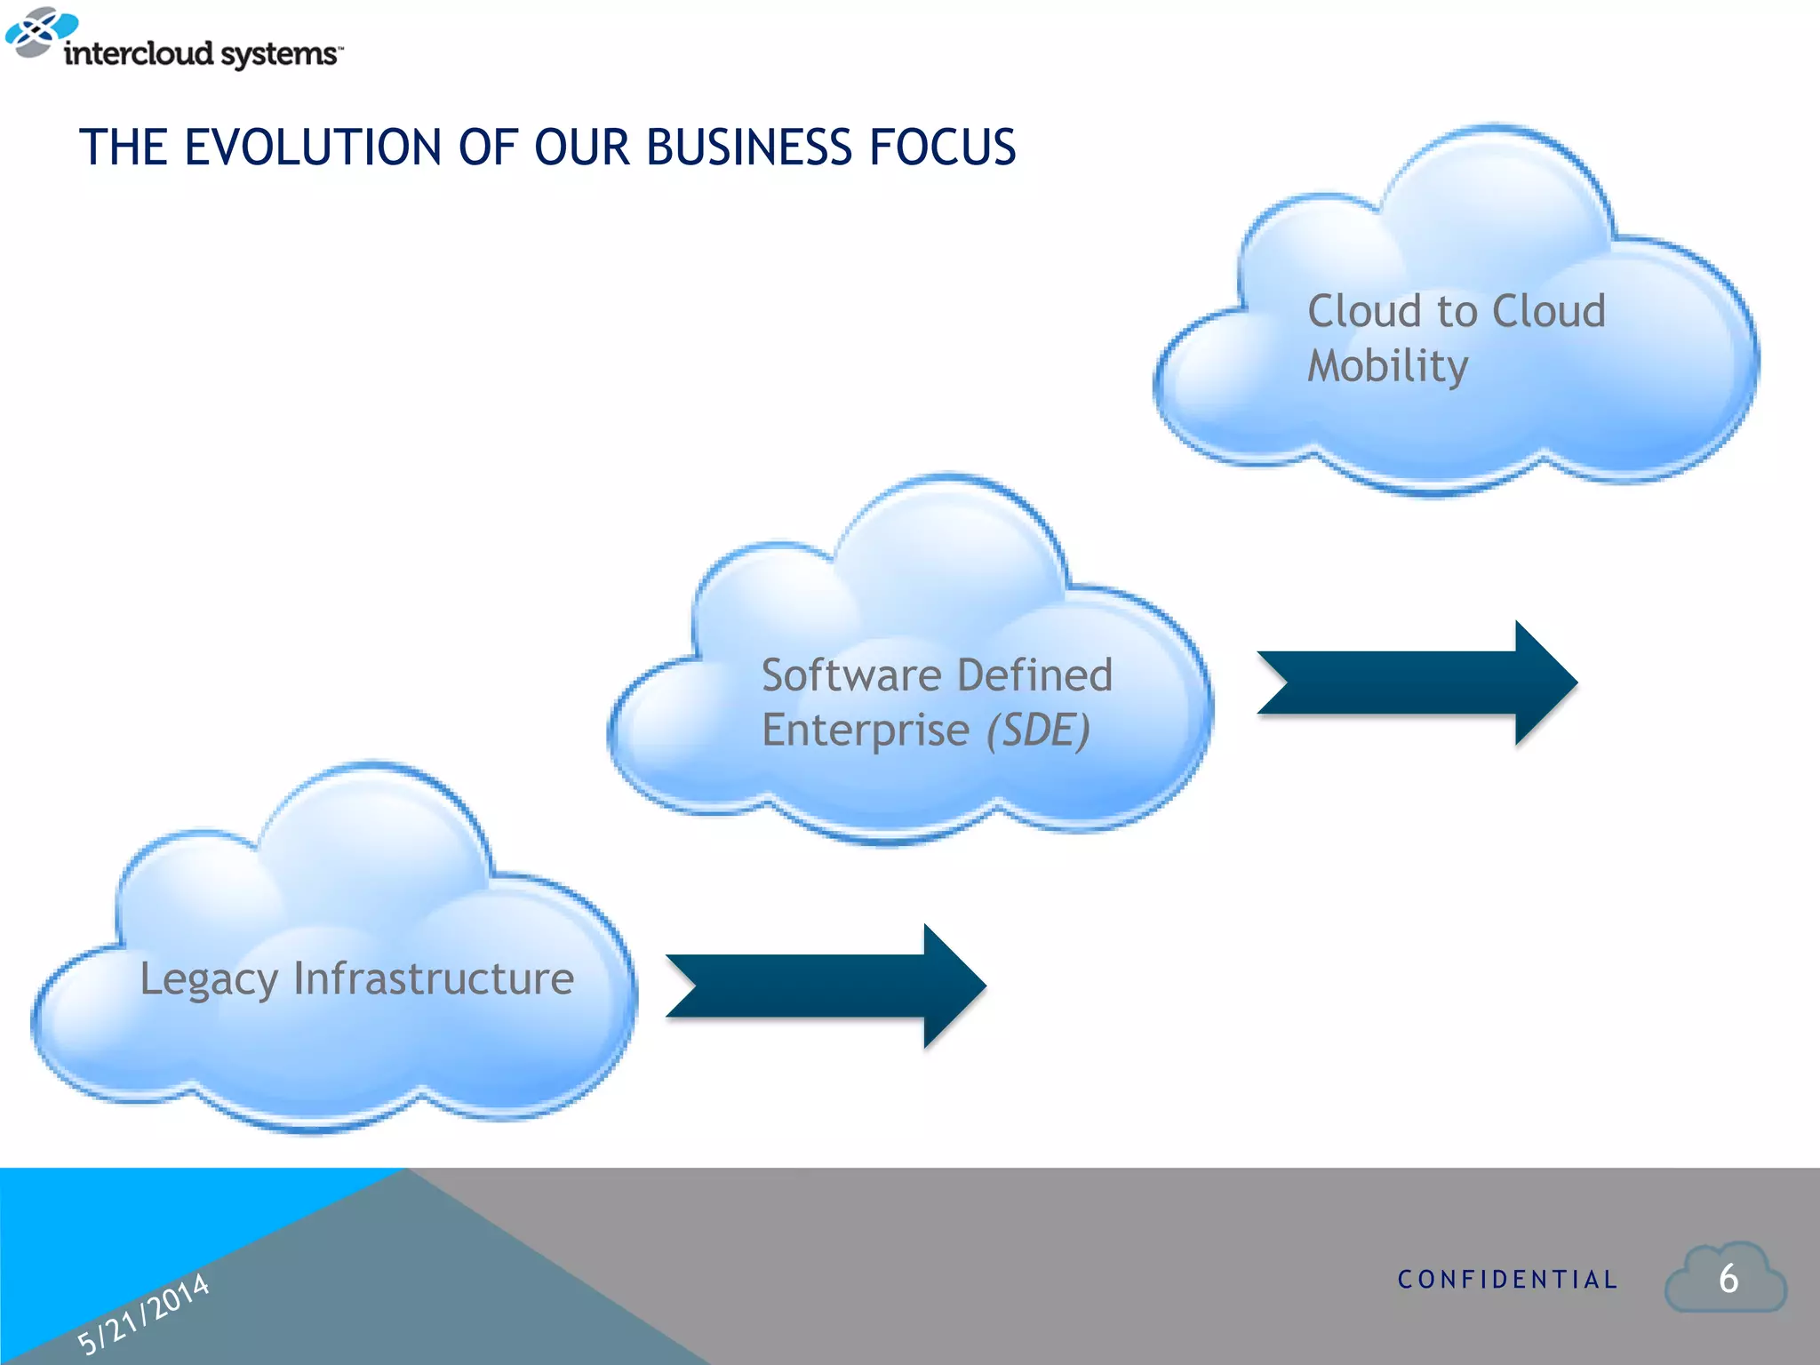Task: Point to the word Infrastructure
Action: (434, 978)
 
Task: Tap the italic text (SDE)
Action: (1038, 730)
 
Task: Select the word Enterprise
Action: (865, 730)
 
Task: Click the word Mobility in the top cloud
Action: (1387, 366)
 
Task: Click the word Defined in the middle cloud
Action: (1035, 675)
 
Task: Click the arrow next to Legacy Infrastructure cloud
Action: (826, 986)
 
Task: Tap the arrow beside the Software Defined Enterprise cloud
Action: (1417, 682)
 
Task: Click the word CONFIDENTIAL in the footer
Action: (1507, 1280)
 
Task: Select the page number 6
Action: (1728, 1279)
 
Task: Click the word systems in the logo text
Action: (279, 55)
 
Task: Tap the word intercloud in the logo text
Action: (139, 53)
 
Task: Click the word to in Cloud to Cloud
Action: (1457, 312)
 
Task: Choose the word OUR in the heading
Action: (581, 148)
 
